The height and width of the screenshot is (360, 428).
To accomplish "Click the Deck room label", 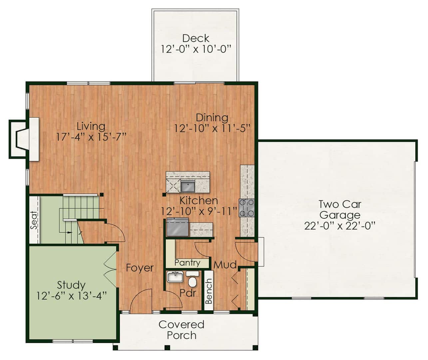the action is point(196,38).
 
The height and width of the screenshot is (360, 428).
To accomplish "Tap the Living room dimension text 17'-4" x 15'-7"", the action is point(91,137).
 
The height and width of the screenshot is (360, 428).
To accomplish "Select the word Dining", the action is point(212,118).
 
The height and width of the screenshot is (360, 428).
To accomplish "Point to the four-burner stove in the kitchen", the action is point(247,208).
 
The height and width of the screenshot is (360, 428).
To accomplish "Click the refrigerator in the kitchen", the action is point(178,227).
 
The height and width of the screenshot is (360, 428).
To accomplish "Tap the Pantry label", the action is point(187,263).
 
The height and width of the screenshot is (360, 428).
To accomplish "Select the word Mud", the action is point(225,265).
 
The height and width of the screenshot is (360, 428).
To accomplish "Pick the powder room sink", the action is point(175,277).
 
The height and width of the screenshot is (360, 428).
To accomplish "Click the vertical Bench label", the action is point(209,291).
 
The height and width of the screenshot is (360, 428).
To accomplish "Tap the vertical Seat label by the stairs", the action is point(34,220).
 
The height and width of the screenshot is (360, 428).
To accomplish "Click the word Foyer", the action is point(140,268).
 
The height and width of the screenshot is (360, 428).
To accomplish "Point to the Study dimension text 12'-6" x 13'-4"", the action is point(72,296).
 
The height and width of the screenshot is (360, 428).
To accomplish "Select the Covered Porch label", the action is point(182,330).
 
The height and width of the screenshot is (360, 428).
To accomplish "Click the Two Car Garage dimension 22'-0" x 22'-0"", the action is point(340,226).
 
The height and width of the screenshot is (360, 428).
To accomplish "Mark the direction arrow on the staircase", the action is point(70,232).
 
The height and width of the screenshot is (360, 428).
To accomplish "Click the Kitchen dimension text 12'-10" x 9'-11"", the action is point(199,211).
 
